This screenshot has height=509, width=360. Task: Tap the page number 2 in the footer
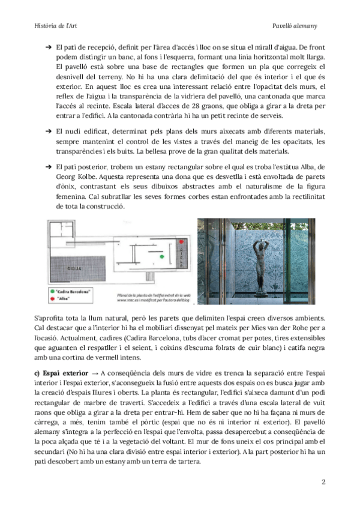[324, 481]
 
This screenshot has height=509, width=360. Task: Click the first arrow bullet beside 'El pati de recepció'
[46, 46]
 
